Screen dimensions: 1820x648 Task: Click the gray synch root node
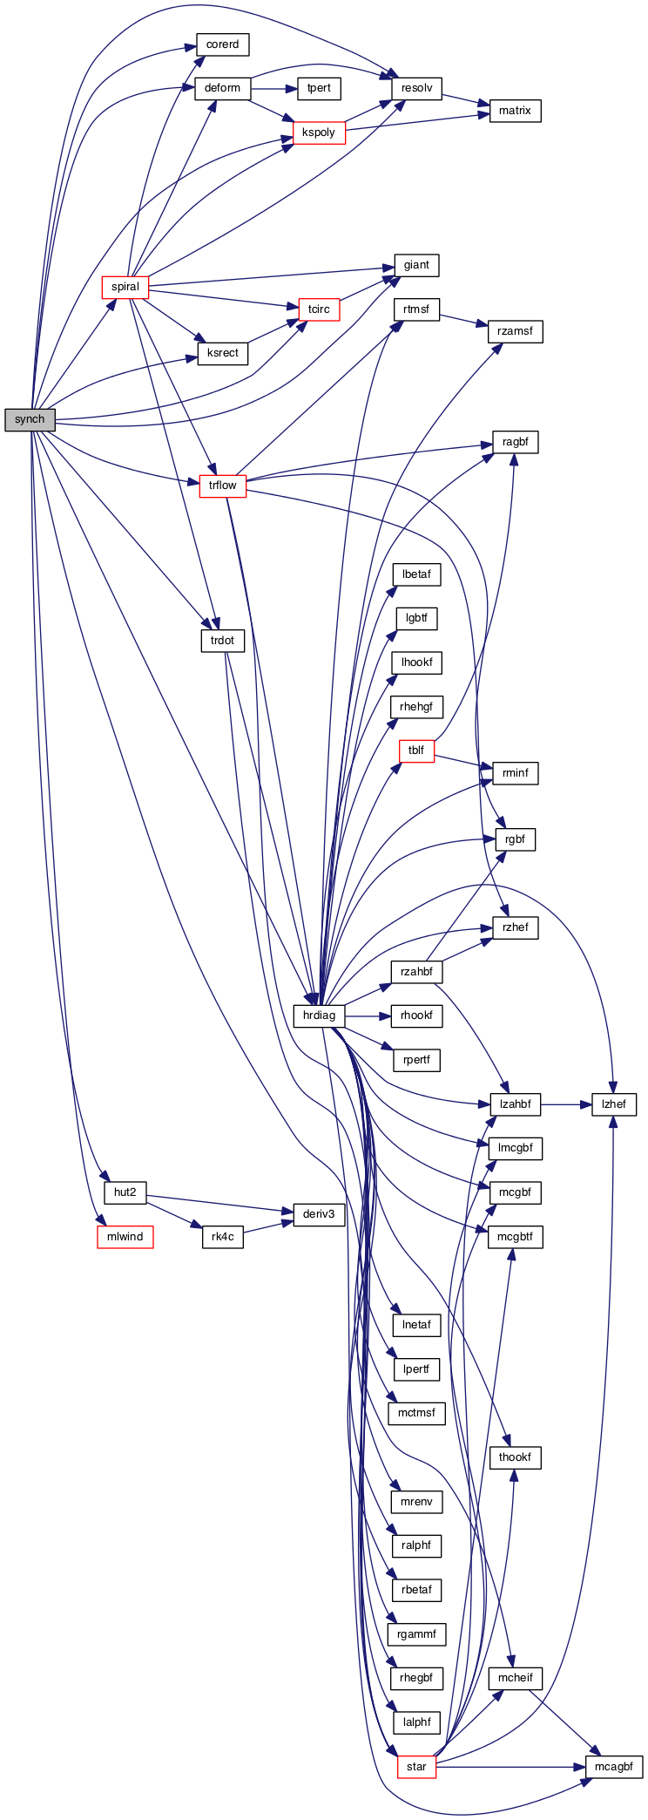click(x=30, y=419)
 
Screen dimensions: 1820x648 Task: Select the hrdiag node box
click(x=319, y=1015)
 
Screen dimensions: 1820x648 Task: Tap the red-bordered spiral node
click(x=125, y=287)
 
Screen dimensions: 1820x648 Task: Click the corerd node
click(x=222, y=44)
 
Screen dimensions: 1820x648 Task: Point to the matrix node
click(x=515, y=111)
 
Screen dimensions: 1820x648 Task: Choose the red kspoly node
click(x=319, y=132)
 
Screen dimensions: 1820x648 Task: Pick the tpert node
click(x=319, y=88)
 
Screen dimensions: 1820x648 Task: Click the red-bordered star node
click(x=416, y=1767)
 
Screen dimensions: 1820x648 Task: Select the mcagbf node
click(x=613, y=1767)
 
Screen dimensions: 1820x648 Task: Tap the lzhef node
click(x=613, y=1104)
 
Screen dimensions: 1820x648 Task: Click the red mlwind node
click(x=125, y=1236)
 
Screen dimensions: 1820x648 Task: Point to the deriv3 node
click(x=319, y=1214)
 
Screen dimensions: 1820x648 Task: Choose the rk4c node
click(x=222, y=1236)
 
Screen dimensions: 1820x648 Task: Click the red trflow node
click(x=222, y=486)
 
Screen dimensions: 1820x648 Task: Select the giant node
click(x=416, y=265)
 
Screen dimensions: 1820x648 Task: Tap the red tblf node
click(x=416, y=750)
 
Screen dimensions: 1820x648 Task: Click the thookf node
click(x=515, y=1457)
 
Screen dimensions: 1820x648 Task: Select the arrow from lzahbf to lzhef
click(x=566, y=1104)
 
